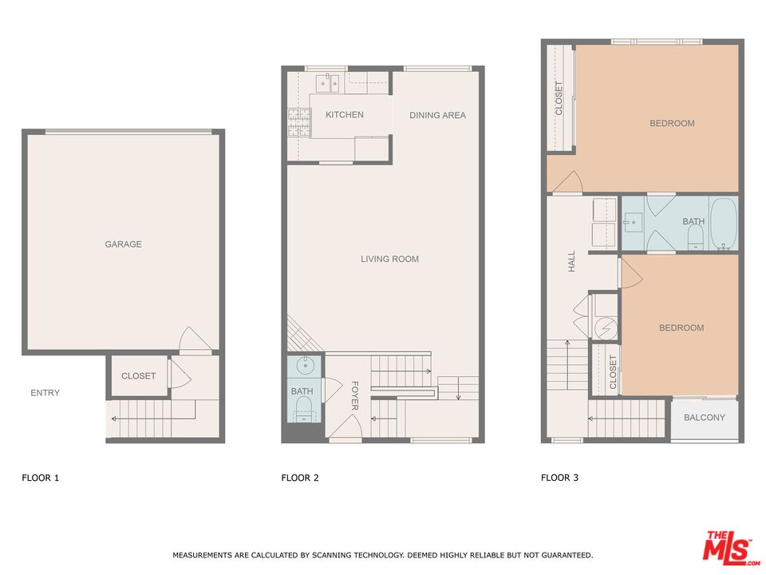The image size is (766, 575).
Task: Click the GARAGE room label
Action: [123, 244]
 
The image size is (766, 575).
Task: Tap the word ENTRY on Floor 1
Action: [45, 393]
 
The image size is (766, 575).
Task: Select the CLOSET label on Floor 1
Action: [138, 376]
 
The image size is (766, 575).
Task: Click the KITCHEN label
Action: [344, 115]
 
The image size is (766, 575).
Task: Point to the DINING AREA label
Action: [437, 116]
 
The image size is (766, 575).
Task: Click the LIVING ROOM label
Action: [389, 259]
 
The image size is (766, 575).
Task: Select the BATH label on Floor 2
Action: [302, 391]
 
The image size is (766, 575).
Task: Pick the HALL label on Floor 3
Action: [571, 261]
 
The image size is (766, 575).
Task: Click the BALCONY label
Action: [705, 418]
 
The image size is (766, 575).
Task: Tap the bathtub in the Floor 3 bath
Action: [723, 224]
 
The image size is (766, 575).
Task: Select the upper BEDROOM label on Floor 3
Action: [672, 124]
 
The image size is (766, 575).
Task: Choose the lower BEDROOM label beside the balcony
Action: [681, 328]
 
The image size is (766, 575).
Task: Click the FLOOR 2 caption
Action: [300, 478]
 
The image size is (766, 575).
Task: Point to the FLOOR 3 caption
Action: [560, 478]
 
